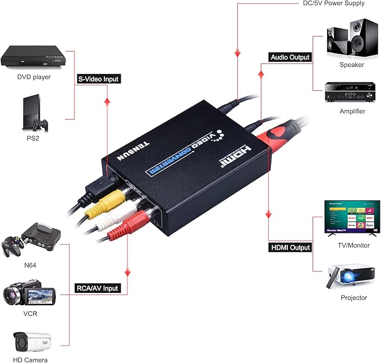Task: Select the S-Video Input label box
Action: tap(99, 79)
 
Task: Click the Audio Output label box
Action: tap(290, 57)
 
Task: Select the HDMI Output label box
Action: tap(290, 247)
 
